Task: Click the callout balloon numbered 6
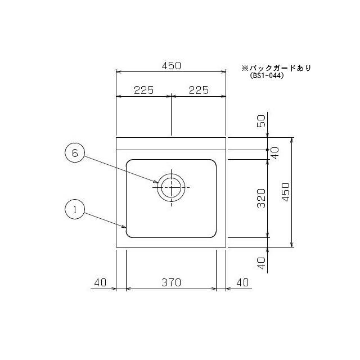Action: [x=75, y=153]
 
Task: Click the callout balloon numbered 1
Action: [x=75, y=210]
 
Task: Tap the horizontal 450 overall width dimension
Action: [x=171, y=65]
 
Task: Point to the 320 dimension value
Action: [x=260, y=198]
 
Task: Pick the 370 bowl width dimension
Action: [x=171, y=282]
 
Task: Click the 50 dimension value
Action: [x=260, y=121]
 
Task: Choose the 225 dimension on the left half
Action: [x=144, y=89]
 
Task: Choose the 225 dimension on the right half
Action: [x=199, y=89]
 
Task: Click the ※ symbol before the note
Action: [x=245, y=67]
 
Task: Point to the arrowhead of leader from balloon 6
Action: [x=158, y=182]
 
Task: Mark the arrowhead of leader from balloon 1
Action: [x=126, y=228]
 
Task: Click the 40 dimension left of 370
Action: [x=100, y=282]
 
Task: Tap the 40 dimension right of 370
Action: [x=242, y=282]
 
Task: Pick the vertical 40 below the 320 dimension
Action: [x=260, y=263]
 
